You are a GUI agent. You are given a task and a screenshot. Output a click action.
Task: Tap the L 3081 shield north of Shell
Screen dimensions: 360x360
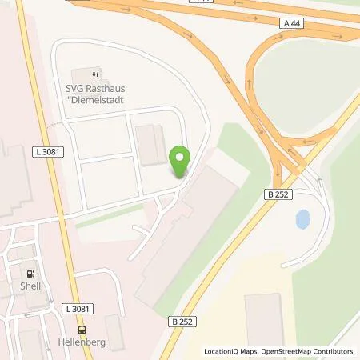coord(49,152)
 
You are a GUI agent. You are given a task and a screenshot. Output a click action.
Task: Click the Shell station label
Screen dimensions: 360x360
coord(30,284)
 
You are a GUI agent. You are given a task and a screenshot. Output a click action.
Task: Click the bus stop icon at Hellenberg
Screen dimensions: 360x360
coord(82,328)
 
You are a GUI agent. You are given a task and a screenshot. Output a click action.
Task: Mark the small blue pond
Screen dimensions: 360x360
coord(303,218)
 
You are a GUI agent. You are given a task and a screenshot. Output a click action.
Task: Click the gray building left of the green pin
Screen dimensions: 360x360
coord(150,146)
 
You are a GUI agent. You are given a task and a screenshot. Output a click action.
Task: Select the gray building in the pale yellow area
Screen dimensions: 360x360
coord(265,320)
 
